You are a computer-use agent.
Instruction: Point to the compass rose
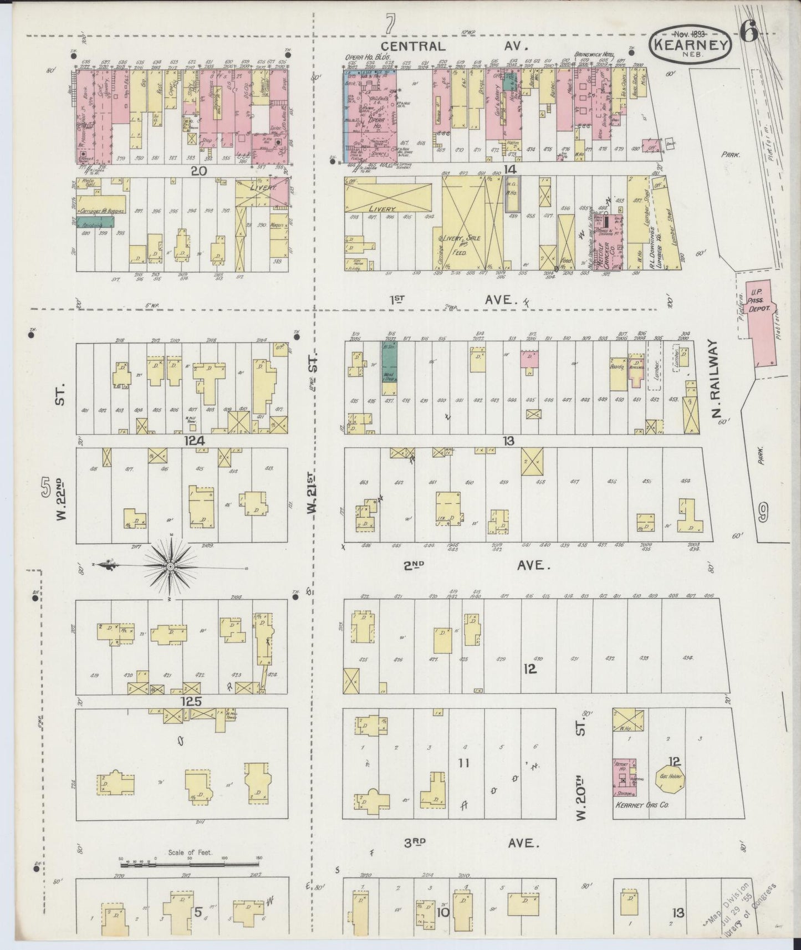pyautogui.click(x=170, y=566)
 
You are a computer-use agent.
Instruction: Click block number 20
pyautogui.click(x=198, y=171)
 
